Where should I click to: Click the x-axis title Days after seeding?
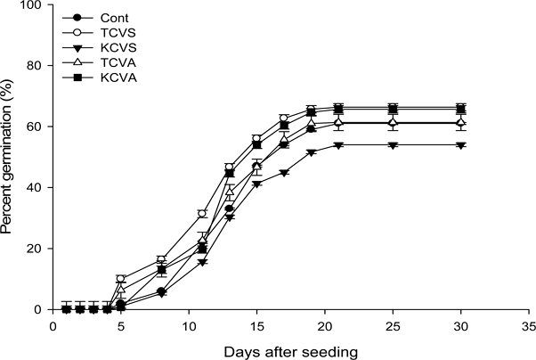(291, 350)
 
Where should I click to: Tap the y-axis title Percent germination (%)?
(9, 157)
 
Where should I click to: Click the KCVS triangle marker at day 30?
(460, 145)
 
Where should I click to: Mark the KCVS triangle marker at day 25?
(394, 145)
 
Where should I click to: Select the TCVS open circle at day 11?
(203, 214)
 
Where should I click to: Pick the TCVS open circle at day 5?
(121, 279)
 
